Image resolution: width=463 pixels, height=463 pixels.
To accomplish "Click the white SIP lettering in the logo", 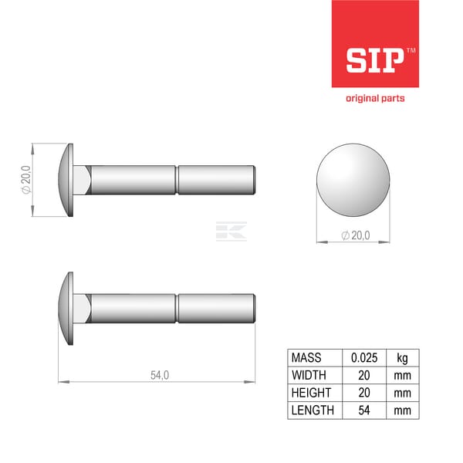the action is pyautogui.click(x=375, y=60).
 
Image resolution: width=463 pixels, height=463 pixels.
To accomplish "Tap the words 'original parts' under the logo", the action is pyautogui.click(x=375, y=98).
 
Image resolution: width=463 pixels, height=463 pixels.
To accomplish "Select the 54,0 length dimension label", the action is pyautogui.click(x=160, y=375).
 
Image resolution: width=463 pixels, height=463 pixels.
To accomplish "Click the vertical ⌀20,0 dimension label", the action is pyautogui.click(x=26, y=180).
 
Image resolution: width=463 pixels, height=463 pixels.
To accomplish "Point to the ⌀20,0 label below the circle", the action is pyautogui.click(x=356, y=235).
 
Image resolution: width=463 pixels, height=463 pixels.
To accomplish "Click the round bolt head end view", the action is pyautogui.click(x=353, y=180).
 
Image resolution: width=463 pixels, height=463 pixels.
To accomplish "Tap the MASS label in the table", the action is pyautogui.click(x=306, y=357).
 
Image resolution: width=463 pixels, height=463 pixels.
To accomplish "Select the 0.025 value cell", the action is pyautogui.click(x=364, y=358).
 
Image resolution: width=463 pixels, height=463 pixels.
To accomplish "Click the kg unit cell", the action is pyautogui.click(x=403, y=358).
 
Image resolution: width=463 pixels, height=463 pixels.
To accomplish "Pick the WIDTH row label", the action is pyautogui.click(x=309, y=375).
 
